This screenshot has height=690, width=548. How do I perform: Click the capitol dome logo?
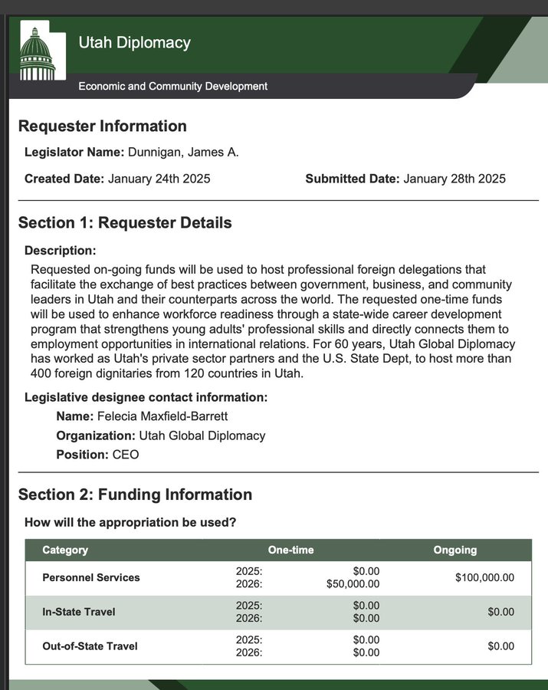pyautogui.click(x=38, y=53)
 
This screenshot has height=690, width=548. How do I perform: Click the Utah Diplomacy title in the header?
pyautogui.click(x=134, y=42)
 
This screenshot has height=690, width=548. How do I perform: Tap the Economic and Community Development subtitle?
pyautogui.click(x=172, y=86)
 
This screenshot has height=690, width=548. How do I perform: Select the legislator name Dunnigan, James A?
pyautogui.click(x=183, y=152)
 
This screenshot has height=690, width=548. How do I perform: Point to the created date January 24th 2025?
pyautogui.click(x=159, y=179)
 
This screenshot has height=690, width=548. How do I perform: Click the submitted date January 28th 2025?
pyautogui.click(x=454, y=179)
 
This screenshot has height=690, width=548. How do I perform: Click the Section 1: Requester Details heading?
pyautogui.click(x=125, y=223)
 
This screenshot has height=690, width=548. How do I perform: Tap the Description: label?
pyautogui.click(x=61, y=250)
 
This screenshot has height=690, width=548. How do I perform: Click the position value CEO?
pyautogui.click(x=126, y=455)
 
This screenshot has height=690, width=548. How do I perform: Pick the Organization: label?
pyautogui.click(x=96, y=435)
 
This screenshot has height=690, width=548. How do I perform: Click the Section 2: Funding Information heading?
pyautogui.click(x=135, y=495)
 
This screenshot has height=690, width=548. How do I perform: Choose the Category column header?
pyautogui.click(x=65, y=550)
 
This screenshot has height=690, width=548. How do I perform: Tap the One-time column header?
pyautogui.click(x=290, y=550)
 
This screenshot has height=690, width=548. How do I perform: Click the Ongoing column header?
pyautogui.click(x=455, y=550)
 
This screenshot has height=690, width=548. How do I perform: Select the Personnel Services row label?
pyautogui.click(x=91, y=577)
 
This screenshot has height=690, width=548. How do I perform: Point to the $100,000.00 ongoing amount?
pyautogui.click(x=484, y=577)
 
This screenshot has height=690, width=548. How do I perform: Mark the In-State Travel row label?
pyautogui.click(x=79, y=612)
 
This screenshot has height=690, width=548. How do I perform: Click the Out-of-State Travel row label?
pyautogui.click(x=90, y=646)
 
